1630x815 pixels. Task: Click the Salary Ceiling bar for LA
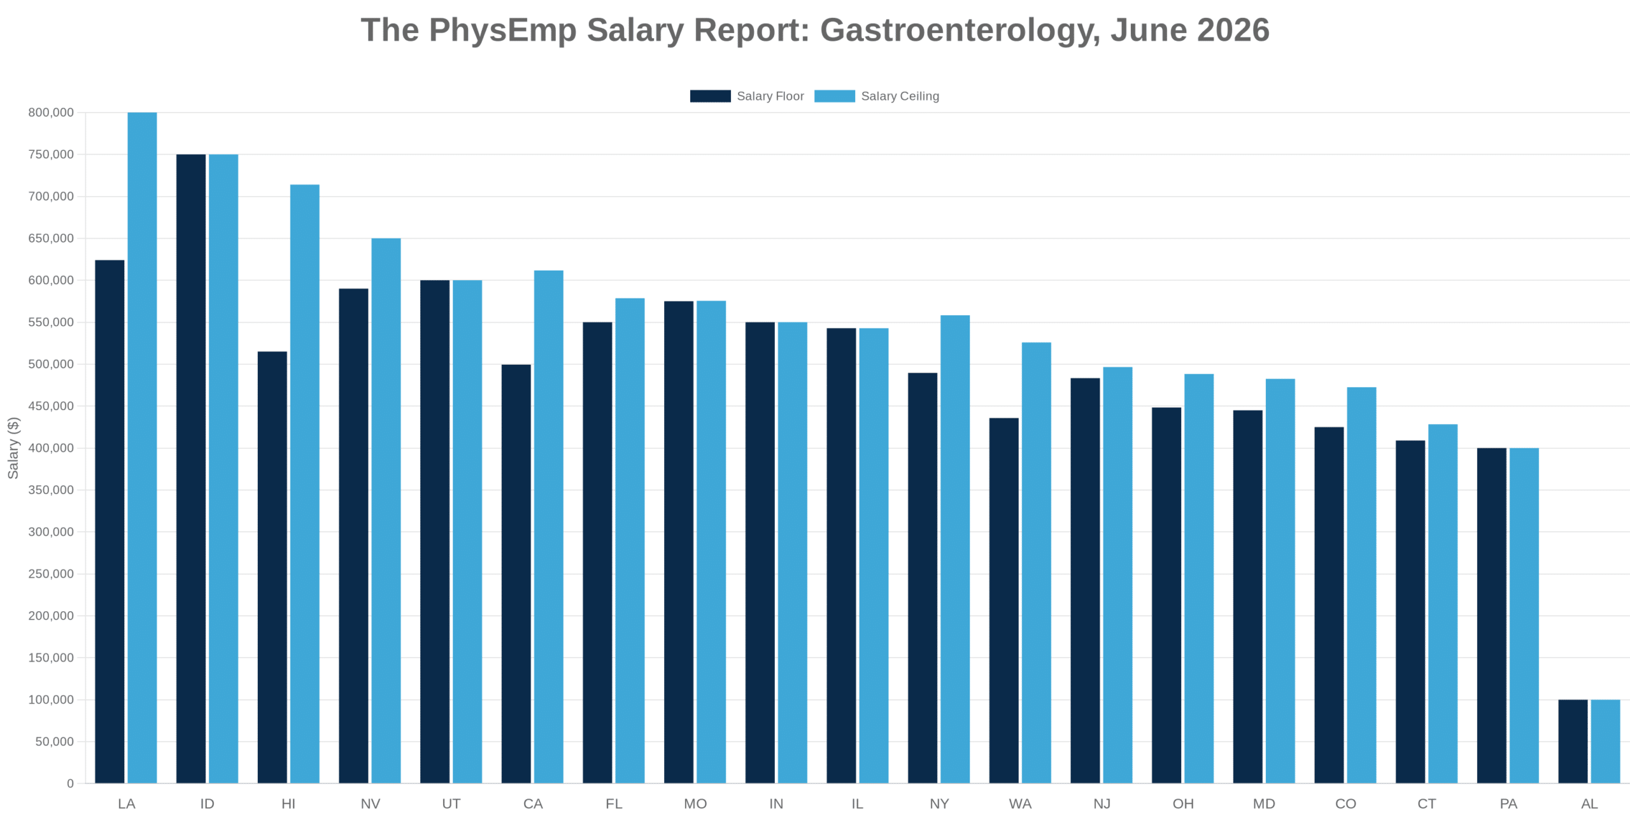(x=142, y=448)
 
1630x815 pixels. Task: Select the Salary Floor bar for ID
(x=191, y=469)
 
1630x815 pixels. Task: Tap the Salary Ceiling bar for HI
(x=305, y=484)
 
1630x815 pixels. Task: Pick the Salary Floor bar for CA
(x=516, y=574)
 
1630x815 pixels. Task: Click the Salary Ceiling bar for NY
(x=955, y=549)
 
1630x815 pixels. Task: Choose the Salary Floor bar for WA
(x=1004, y=600)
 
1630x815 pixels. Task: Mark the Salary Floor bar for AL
(x=1573, y=741)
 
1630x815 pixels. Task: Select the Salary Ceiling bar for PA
(x=1524, y=616)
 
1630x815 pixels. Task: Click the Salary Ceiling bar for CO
(x=1362, y=585)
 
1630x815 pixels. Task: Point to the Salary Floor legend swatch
(x=711, y=96)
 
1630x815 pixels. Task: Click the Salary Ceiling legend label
(x=900, y=96)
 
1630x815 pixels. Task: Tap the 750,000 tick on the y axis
(x=51, y=155)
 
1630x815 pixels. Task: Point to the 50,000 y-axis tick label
(x=55, y=742)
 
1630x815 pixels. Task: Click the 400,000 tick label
(x=51, y=448)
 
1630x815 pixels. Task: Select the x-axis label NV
(x=371, y=804)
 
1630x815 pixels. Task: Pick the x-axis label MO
(x=695, y=804)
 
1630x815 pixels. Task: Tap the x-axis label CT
(x=1427, y=804)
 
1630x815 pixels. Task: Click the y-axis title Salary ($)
(x=13, y=448)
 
